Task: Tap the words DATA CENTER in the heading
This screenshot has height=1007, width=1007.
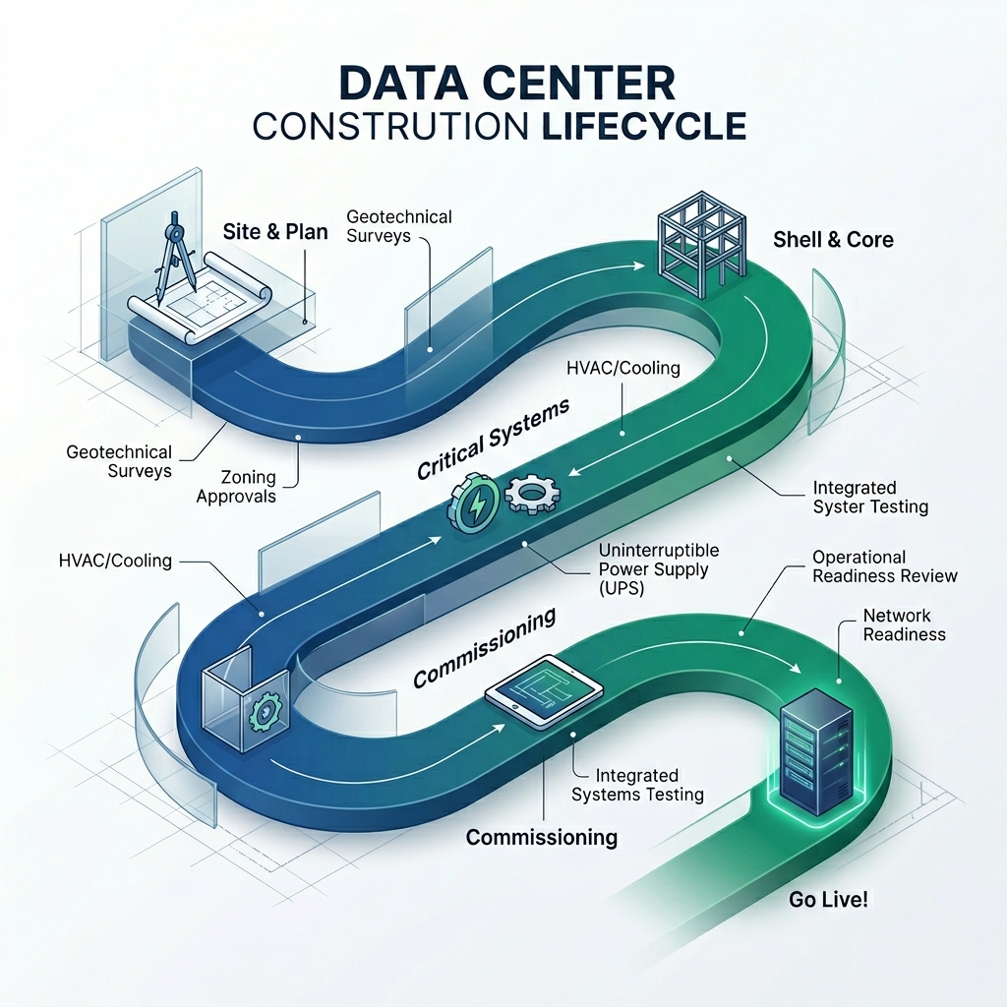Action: click(503, 84)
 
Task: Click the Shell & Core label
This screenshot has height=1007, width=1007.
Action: click(833, 239)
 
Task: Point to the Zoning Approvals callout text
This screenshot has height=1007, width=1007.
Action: click(236, 487)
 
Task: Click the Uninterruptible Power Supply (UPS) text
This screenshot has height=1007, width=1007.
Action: click(659, 568)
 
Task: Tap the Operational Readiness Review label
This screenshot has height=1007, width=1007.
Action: click(884, 566)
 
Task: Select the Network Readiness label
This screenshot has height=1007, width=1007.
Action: click(904, 624)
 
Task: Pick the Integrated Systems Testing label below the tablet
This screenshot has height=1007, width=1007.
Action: click(636, 786)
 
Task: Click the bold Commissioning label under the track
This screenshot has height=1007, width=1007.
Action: click(541, 837)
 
